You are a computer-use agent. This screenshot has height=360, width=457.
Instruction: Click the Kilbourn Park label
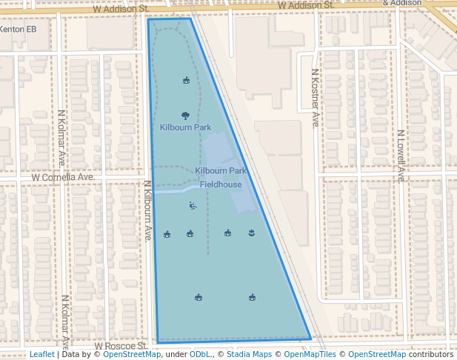coord(185,127)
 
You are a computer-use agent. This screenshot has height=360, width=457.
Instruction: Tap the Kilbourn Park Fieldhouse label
coord(221,178)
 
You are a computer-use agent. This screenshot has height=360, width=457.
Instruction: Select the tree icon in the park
coord(185,115)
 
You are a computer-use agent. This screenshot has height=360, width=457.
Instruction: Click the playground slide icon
coord(193,206)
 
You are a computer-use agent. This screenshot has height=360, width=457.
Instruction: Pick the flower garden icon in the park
coord(252,233)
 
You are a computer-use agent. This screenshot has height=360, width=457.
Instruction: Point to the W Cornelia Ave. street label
coord(63,178)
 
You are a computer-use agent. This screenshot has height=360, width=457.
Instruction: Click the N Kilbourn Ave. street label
coord(148,210)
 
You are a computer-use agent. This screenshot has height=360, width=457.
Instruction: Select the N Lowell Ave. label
coord(400,156)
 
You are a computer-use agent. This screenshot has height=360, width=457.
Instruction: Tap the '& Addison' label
coord(403,3)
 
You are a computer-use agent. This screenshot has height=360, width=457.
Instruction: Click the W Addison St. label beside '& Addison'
coord(306,5)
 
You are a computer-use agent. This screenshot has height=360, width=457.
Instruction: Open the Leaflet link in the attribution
coord(41,355)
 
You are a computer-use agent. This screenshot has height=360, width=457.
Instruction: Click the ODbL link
coord(201,355)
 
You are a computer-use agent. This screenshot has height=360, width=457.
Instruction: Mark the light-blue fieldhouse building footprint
coord(226,159)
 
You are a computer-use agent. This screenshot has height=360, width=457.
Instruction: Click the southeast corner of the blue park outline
coord(311,339)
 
